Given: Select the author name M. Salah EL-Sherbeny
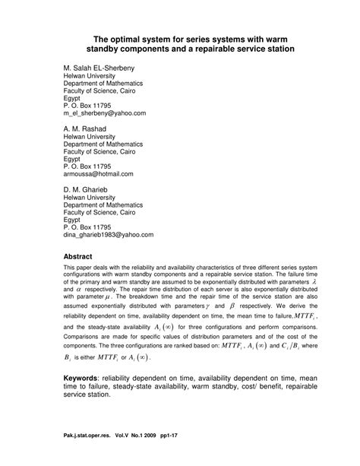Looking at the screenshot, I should pos(105,68).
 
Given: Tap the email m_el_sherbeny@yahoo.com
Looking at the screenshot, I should pos(104,113).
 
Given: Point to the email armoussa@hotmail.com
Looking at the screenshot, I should pos(98,174).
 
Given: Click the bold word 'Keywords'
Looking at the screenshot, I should pos(86,379).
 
